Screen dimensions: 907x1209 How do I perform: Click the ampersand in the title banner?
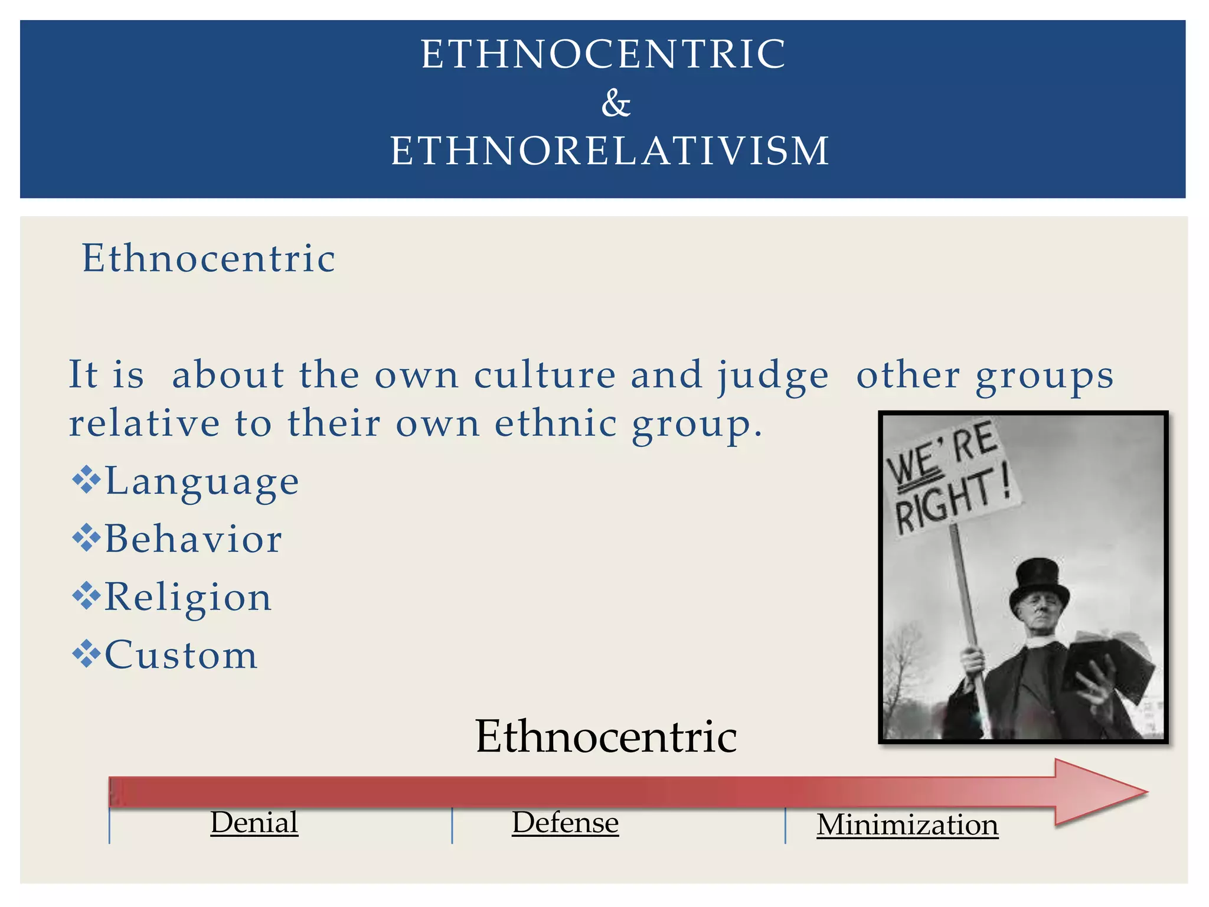point(616,103)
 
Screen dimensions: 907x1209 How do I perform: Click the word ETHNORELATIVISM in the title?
point(610,151)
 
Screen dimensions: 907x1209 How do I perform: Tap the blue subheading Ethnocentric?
point(208,258)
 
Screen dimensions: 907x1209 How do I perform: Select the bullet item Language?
point(202,481)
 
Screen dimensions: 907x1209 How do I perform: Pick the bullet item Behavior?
point(194,539)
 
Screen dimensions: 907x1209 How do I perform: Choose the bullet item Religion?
point(188,597)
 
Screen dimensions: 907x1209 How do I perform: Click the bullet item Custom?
point(181,655)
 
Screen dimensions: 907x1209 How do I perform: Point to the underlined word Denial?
point(254,822)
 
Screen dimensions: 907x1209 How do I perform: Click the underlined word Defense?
point(565,822)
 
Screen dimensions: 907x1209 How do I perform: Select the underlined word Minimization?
point(907,824)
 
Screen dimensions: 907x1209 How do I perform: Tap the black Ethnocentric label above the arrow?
point(606,736)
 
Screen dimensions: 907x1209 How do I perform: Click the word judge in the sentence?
point(773,376)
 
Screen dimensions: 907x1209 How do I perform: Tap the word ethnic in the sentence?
point(556,423)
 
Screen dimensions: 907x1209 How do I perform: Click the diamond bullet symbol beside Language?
point(86,479)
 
